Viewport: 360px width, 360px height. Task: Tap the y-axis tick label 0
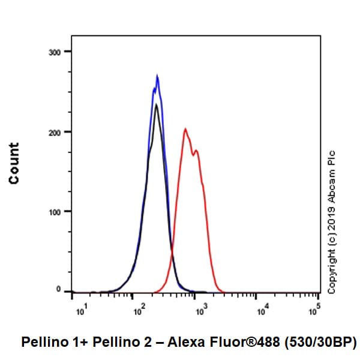[x=59, y=290]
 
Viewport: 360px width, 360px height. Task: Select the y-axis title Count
[x=14, y=163]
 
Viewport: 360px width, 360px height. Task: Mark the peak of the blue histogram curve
[x=157, y=76]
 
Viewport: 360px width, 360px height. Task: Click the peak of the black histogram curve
[x=156, y=104]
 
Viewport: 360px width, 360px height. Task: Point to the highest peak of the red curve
[x=185, y=128]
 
